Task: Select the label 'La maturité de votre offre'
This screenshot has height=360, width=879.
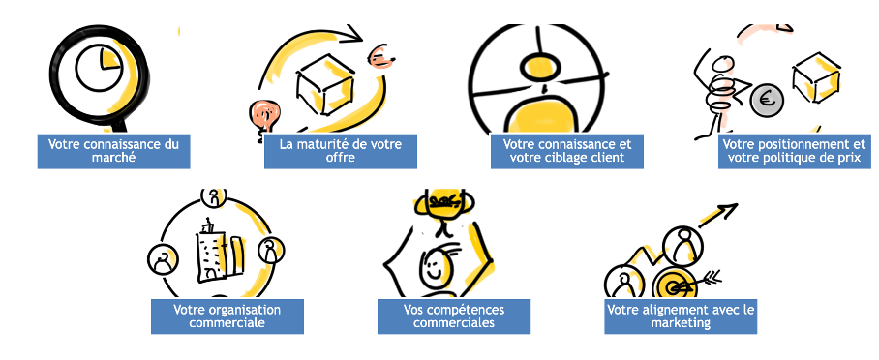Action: click(341, 151)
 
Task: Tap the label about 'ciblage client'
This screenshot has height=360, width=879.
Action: click(566, 151)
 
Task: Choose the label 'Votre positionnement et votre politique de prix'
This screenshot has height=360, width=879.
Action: click(795, 151)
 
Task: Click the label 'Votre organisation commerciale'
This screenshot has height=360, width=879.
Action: click(227, 316)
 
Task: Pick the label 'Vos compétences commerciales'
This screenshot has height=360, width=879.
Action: click(454, 316)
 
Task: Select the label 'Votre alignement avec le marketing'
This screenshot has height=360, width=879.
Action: click(681, 316)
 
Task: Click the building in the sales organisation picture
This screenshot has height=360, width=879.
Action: click(210, 250)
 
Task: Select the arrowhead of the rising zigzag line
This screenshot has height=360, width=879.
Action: click(730, 209)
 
